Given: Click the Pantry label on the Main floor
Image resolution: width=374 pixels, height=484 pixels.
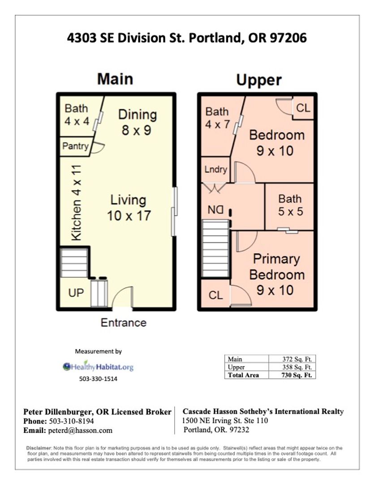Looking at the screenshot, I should point(75,146).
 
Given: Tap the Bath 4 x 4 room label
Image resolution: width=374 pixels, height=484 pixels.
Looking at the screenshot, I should point(77,115).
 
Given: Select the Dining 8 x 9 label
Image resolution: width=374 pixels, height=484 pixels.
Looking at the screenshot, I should point(137,122).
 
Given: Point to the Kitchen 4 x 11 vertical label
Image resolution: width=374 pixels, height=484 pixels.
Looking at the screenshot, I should point(77,203).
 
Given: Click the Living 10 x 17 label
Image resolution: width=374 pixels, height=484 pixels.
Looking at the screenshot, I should point(129,207).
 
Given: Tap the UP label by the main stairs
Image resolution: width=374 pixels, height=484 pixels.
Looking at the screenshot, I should point(76,293).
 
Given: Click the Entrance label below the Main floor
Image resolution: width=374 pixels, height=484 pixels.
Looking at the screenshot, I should point(123,323).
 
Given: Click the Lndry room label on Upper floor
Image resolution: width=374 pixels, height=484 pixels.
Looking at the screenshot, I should point(216,170).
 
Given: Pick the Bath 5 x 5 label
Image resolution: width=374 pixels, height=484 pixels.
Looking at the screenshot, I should point(290,205).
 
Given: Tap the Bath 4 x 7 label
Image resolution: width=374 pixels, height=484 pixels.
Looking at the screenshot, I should point(217,118).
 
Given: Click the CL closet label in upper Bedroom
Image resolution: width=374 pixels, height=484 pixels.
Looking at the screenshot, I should point(303,108).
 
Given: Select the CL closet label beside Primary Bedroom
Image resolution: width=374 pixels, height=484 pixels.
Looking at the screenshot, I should point(215,296).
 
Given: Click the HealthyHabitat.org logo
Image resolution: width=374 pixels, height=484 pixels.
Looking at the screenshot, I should point(99,367).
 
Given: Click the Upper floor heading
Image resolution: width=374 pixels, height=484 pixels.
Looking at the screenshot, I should point(259,80).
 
